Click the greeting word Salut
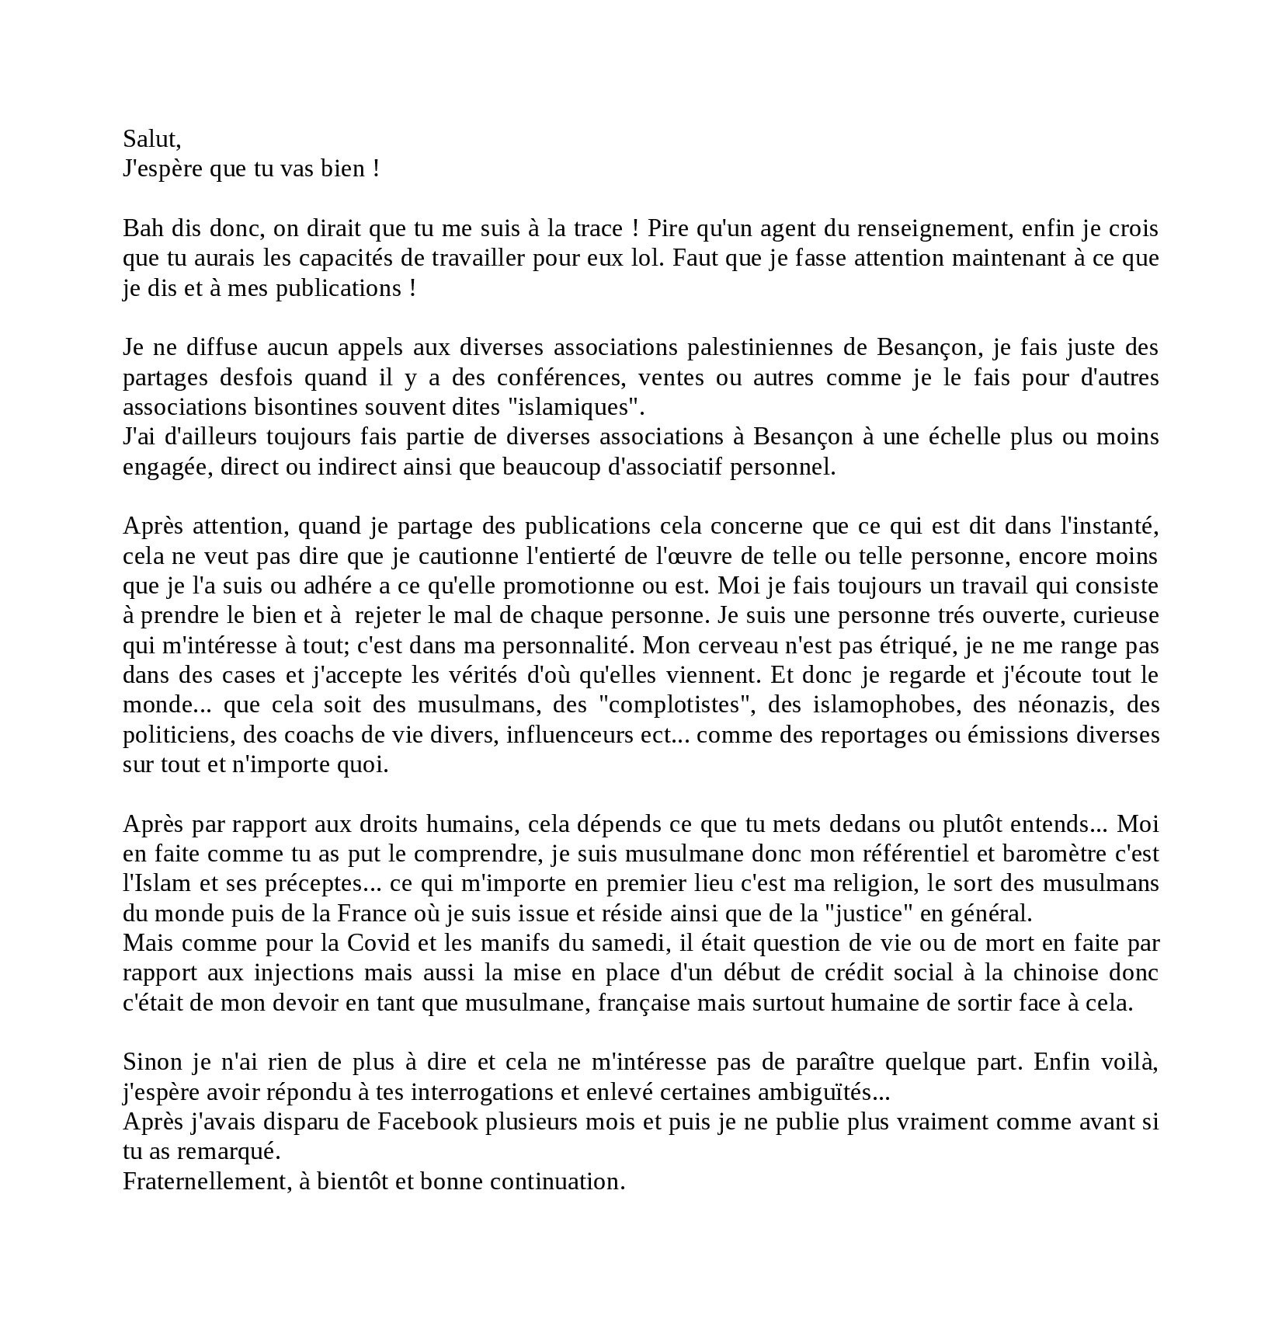(150, 139)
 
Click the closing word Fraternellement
(207, 1182)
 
